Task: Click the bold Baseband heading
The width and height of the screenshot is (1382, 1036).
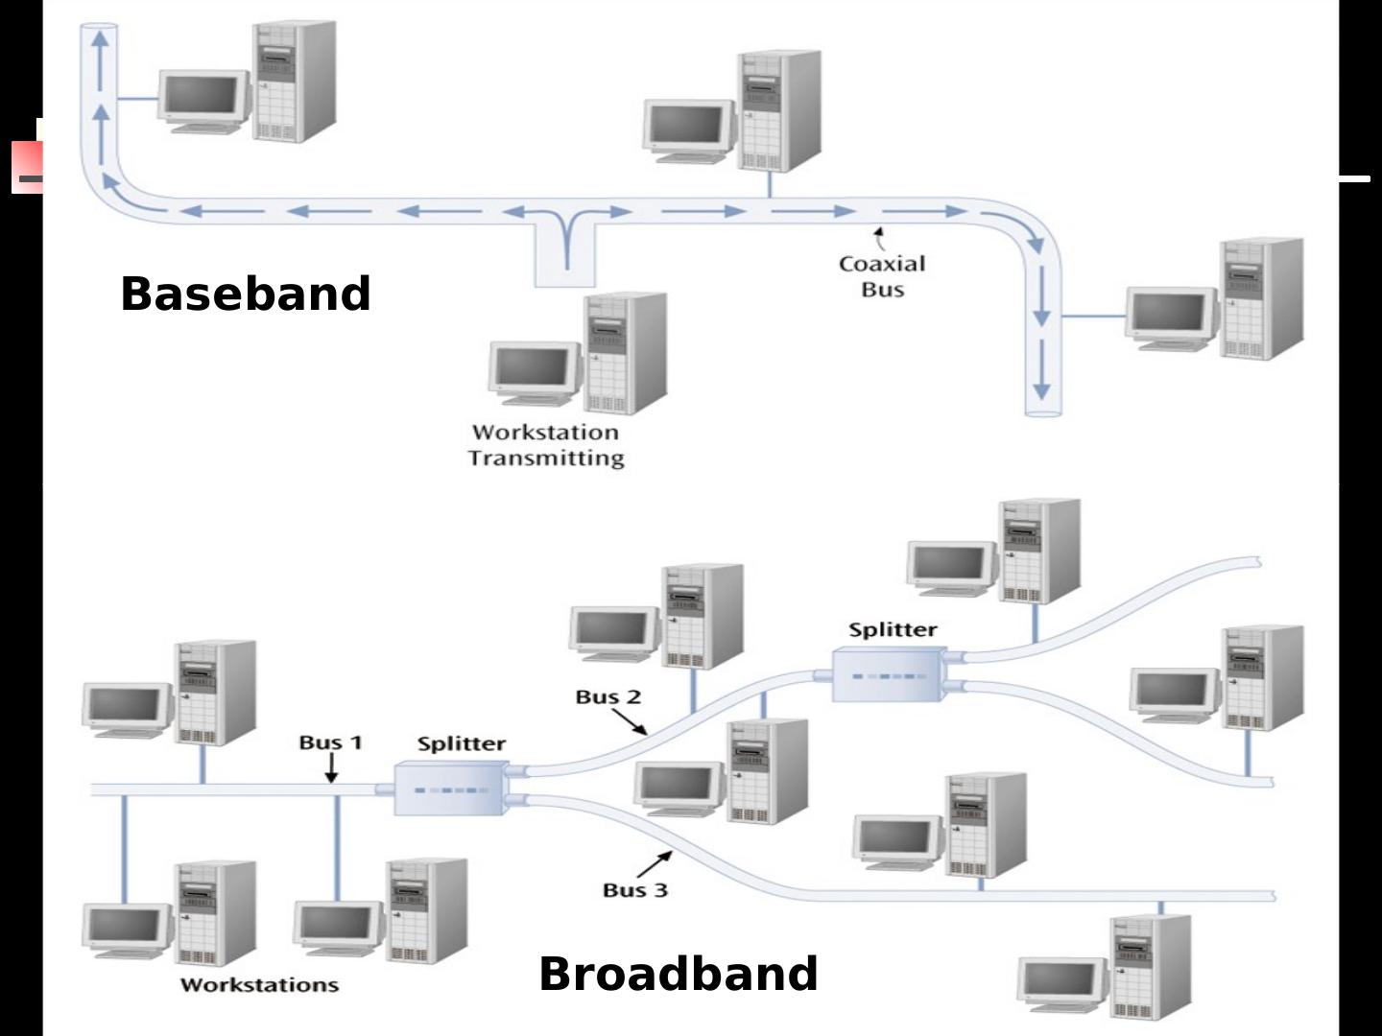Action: coord(245,294)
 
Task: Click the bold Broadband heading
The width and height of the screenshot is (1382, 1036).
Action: coord(678,974)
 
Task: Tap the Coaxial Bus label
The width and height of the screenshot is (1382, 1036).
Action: coord(882,276)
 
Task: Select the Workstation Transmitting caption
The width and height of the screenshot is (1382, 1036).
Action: coord(546,445)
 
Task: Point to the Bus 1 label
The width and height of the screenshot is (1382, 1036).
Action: coord(330,742)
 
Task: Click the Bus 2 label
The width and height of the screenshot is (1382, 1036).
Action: coord(608,697)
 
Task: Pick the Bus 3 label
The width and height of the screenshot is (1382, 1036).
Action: coord(634,890)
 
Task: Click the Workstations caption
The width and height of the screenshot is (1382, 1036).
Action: coord(259,985)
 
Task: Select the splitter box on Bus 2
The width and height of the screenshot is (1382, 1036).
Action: coord(889,674)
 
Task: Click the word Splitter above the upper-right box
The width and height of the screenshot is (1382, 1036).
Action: coord(893,630)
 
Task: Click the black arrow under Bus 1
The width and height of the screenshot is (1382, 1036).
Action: coord(331,768)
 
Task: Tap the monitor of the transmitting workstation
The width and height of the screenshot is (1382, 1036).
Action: coord(535,366)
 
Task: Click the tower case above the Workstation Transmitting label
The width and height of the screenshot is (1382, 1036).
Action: coord(626,353)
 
